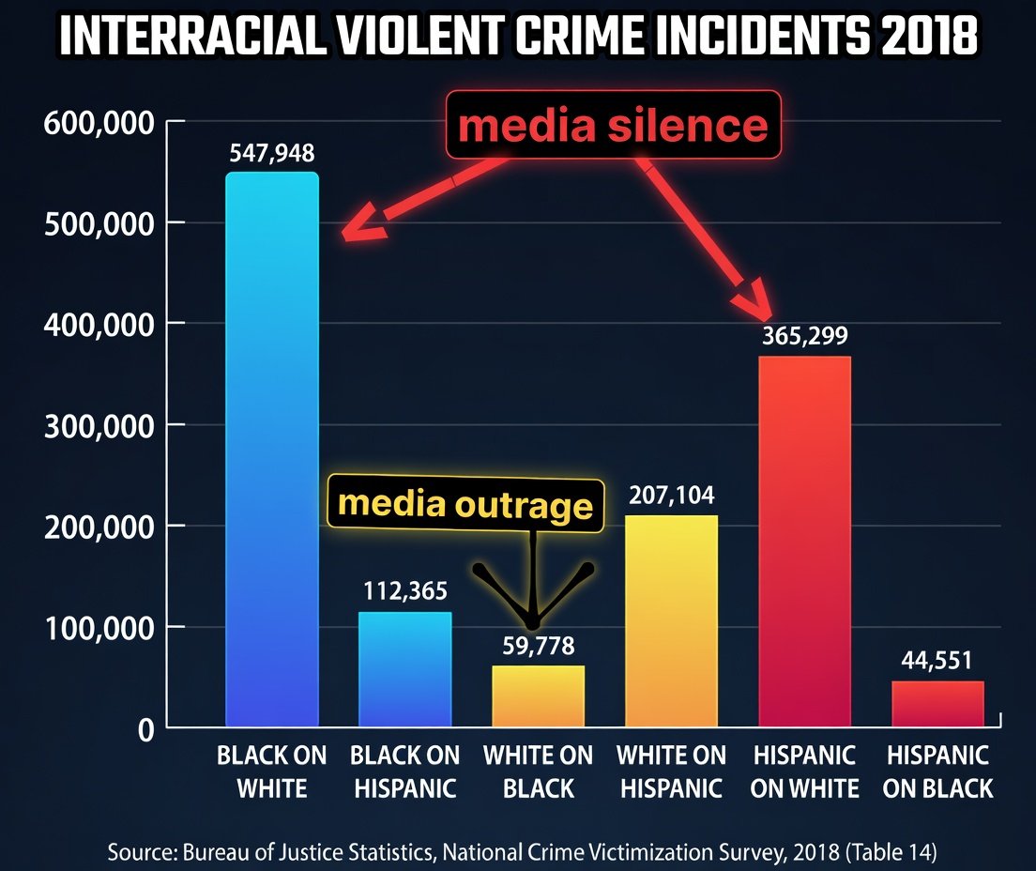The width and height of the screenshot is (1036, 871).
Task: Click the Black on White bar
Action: point(272,451)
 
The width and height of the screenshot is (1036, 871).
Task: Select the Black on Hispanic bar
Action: point(405,669)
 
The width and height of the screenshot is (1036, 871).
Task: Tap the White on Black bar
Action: point(538,695)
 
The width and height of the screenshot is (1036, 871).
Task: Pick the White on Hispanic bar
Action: point(671,619)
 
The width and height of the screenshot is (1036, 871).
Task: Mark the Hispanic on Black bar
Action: point(937,703)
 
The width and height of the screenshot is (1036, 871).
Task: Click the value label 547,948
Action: point(272,153)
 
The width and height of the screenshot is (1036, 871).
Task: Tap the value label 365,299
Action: point(804,336)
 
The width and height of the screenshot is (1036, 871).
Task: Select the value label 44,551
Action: point(937,661)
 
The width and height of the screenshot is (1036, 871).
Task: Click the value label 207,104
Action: point(671,496)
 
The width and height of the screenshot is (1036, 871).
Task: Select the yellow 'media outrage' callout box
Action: point(465,505)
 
